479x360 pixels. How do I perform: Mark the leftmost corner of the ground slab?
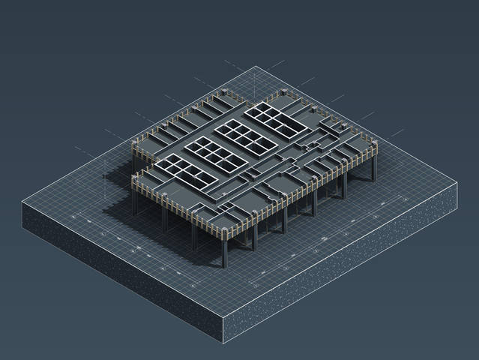point(22,203)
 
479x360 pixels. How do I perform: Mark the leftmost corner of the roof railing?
point(133,142)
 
